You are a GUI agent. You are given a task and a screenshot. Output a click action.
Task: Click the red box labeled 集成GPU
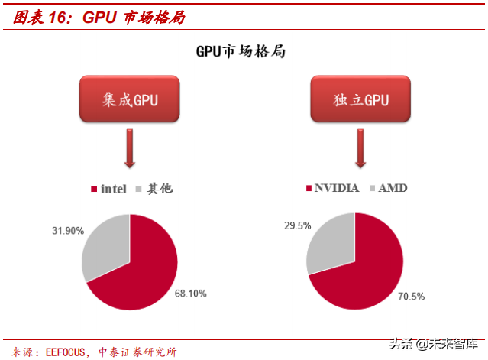[x=130, y=99]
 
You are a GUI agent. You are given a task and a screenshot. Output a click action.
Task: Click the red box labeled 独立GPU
[x=360, y=99]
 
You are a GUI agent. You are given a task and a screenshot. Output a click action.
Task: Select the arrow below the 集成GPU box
[x=130, y=148]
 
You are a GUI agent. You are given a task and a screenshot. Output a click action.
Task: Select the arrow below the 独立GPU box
[x=361, y=148]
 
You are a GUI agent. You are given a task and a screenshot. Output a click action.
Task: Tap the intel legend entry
[x=108, y=189]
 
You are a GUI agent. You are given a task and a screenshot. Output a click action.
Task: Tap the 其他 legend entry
[x=154, y=189]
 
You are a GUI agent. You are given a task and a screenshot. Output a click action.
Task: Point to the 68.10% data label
[x=190, y=293]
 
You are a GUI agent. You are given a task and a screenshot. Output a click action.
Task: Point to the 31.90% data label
[x=67, y=230]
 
